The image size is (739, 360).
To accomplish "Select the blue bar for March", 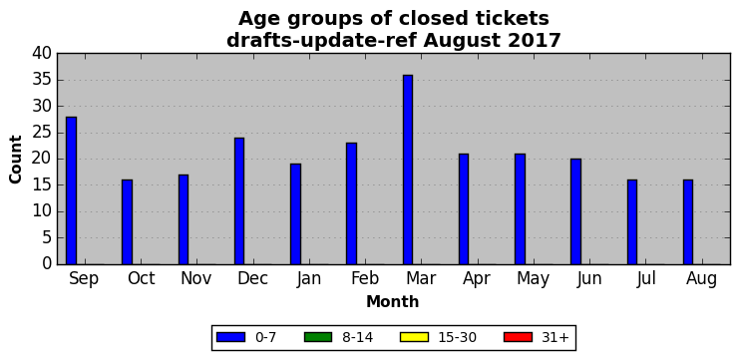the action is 408,170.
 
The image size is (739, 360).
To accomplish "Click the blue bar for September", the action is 71,190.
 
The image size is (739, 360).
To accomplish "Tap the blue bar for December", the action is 239,201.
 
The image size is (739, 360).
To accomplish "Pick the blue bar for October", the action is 128,222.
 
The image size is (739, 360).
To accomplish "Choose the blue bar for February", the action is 352,203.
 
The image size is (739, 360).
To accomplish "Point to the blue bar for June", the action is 575,211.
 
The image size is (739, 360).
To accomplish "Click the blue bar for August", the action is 688,222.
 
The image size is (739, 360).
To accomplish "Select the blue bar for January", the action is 295,214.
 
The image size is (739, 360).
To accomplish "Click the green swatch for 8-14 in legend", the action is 318,337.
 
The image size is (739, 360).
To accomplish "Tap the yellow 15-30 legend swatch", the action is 414,337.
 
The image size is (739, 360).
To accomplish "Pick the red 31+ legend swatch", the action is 518,337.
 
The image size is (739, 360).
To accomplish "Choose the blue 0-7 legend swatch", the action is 230,337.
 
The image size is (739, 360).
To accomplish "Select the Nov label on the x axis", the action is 196,278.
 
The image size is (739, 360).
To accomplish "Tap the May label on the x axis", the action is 533,279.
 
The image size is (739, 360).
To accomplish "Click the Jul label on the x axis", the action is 645,278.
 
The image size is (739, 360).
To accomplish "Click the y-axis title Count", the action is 16,160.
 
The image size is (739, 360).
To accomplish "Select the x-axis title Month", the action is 393,301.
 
